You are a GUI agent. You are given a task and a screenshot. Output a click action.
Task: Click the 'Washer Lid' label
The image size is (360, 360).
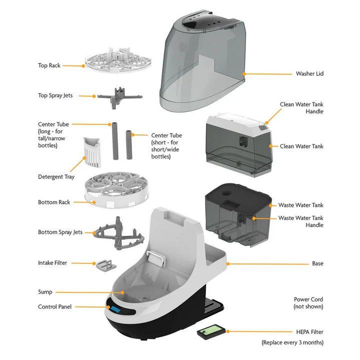[309, 73]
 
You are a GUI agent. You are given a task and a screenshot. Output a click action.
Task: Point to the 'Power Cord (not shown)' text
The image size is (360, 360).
[308, 303]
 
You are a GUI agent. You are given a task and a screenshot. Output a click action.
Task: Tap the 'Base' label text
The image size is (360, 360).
[317, 263]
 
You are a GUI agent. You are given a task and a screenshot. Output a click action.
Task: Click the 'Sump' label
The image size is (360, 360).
[45, 292]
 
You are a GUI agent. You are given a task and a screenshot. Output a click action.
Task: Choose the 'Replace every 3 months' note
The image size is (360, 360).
[292, 342]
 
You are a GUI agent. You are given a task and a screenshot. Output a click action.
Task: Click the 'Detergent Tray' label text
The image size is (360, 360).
[56, 176]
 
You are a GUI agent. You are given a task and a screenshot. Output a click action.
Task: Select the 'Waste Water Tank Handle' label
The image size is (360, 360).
[300, 221]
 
